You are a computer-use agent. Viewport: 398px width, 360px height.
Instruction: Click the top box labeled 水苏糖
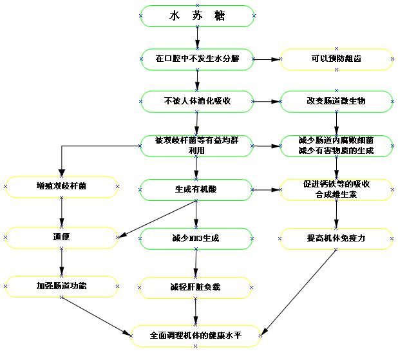(x=197, y=16)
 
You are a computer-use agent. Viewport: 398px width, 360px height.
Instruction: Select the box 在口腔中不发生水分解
(x=197, y=59)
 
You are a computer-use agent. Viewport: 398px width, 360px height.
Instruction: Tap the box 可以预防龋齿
(x=336, y=59)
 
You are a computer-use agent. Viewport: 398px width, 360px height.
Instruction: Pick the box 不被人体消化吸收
(x=197, y=101)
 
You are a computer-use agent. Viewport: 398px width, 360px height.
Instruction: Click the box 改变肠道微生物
(x=336, y=101)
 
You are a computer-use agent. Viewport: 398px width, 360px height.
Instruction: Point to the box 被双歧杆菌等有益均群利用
(x=197, y=146)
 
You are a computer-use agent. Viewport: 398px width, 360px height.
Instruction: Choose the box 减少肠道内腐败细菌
(x=336, y=146)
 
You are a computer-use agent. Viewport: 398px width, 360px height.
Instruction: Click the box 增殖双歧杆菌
(x=62, y=187)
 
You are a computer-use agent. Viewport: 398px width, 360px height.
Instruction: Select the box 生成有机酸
(x=197, y=189)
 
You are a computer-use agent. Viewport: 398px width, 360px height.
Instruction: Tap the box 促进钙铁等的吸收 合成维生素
(x=336, y=189)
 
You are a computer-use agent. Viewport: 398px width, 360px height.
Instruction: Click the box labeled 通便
(x=62, y=237)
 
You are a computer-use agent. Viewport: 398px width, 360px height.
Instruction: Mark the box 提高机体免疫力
(x=336, y=238)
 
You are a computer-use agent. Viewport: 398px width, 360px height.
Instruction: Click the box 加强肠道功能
(x=62, y=286)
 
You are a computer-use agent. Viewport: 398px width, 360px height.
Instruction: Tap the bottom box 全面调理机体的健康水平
(x=196, y=336)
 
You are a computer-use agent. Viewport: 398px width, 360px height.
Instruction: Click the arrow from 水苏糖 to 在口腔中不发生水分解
(x=197, y=38)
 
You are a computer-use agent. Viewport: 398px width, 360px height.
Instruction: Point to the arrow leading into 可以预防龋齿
(x=267, y=59)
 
